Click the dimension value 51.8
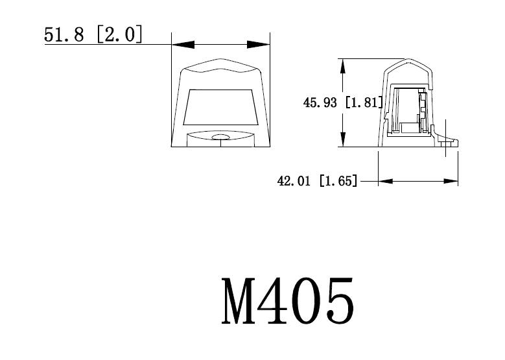pos(64,34)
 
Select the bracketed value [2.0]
pos(119,34)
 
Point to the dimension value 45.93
pos(321,102)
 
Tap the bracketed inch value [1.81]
pos(364,102)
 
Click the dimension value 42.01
pos(295,181)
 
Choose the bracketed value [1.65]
pos(338,181)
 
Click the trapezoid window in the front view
pos(220,107)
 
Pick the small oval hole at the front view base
pos(221,138)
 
